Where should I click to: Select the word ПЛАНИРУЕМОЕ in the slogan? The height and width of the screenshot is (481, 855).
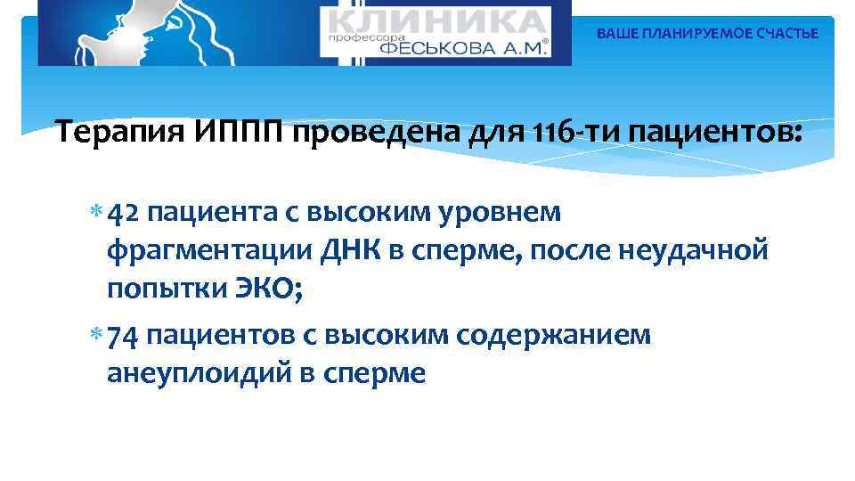click(688, 34)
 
